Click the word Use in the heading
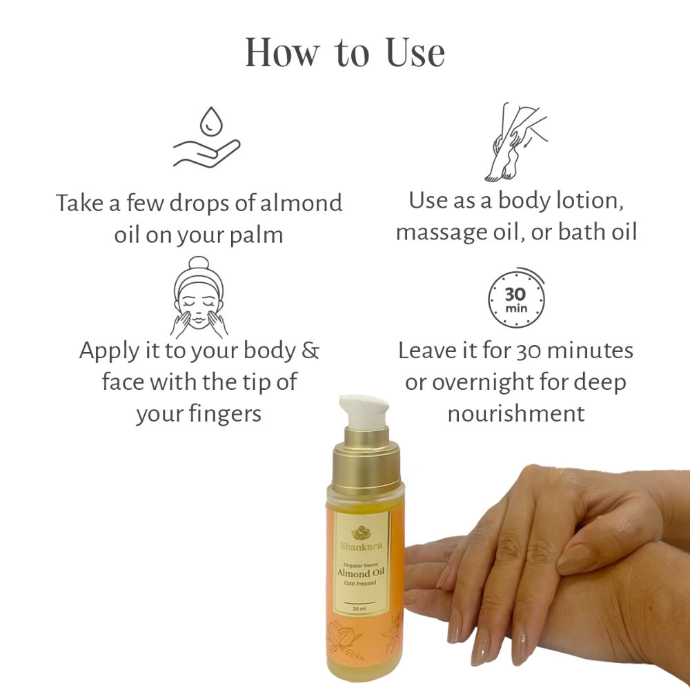[x=415, y=53]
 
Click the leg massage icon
[x=515, y=142]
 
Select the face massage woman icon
[x=199, y=297]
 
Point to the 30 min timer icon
[x=516, y=298]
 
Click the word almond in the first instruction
[x=301, y=203]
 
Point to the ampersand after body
[x=310, y=351]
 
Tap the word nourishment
[x=516, y=414]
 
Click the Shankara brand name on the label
[x=361, y=546]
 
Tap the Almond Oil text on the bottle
[x=360, y=573]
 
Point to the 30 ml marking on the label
[x=359, y=609]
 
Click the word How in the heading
[x=282, y=53]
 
